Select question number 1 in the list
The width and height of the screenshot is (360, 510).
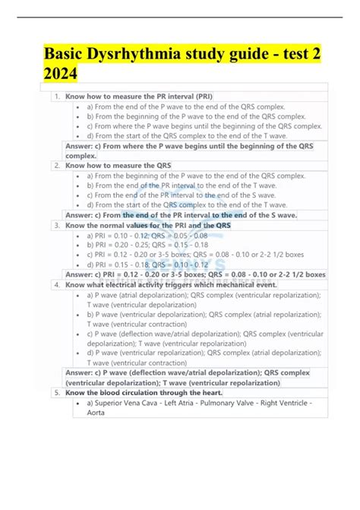(58, 97)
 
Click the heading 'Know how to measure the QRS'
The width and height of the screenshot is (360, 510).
(118, 165)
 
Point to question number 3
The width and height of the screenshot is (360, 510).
(58, 225)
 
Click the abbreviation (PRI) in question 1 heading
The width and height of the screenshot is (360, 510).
(202, 97)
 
